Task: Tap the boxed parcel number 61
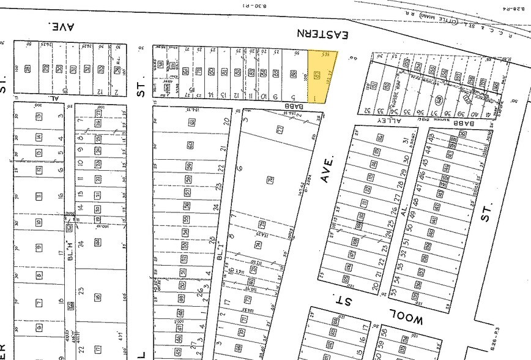point(191,124)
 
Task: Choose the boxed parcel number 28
point(28,69)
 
